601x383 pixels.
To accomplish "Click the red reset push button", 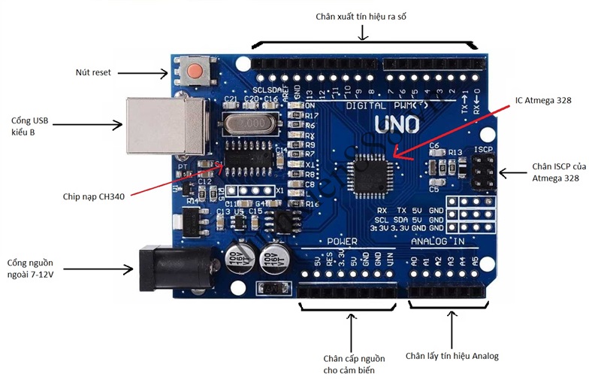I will click(x=195, y=72).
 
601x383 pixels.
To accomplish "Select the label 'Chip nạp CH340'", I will click(x=93, y=197).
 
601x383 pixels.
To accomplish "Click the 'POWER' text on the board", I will click(x=345, y=242).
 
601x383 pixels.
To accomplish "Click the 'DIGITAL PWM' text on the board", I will click(x=379, y=106).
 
